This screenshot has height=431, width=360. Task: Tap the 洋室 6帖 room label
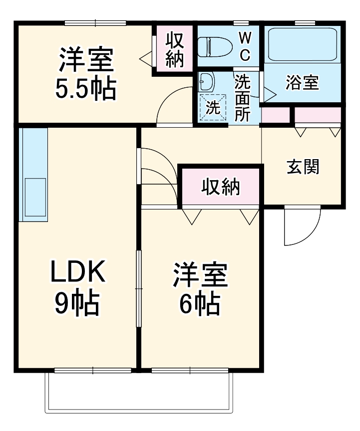pyautogui.click(x=200, y=289)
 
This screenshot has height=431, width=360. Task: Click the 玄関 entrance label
pyautogui.click(x=303, y=167)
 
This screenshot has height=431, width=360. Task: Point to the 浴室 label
pyautogui.click(x=302, y=83)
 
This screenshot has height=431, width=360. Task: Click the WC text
pyautogui.click(x=245, y=46)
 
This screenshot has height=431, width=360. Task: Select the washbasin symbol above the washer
pyautogui.click(x=206, y=80)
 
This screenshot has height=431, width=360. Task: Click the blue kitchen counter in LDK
pyautogui.click(x=33, y=175)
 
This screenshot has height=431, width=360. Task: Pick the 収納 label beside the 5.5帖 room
pyautogui.click(x=175, y=50)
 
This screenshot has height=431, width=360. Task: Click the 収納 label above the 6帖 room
pyautogui.click(x=221, y=187)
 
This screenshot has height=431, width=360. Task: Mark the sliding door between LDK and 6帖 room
pyautogui.click(x=139, y=289)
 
